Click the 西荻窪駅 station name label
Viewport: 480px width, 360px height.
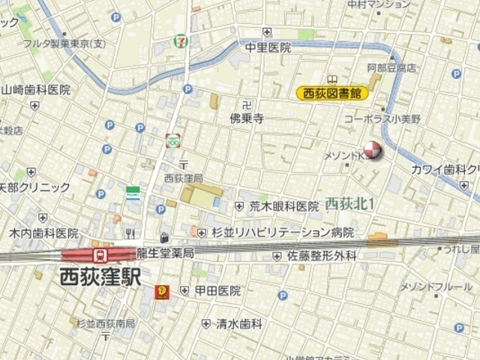101,276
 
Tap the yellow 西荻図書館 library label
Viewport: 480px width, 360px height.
331,93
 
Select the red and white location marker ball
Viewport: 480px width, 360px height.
372,150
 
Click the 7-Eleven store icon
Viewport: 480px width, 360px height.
181,40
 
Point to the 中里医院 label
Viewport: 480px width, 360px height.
267,46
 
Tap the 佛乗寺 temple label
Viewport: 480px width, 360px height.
247,118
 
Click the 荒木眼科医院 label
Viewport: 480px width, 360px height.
284,206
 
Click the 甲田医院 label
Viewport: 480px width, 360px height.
217,290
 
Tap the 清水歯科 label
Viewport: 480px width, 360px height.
239,324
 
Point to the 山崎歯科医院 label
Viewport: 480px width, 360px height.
35,89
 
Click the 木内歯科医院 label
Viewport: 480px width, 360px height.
43,233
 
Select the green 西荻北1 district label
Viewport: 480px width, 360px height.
350,203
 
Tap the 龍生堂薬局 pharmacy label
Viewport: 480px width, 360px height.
165,253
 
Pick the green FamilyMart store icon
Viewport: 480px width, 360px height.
133,193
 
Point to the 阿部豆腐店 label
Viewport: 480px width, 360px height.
391,67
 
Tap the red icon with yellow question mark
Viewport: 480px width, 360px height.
161,292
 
